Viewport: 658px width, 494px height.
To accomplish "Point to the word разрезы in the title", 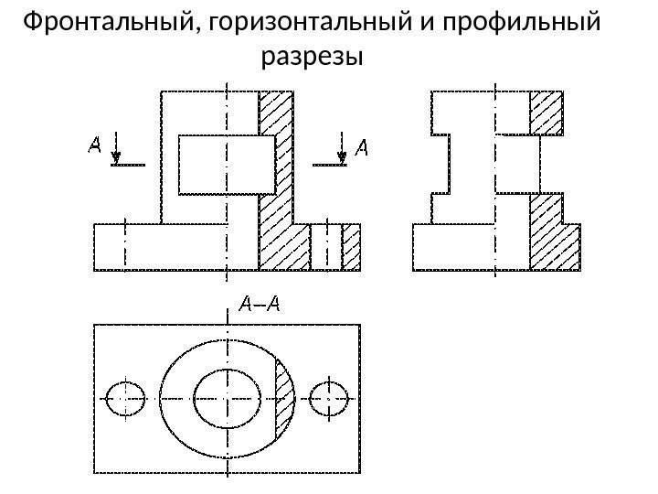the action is pos(313,59).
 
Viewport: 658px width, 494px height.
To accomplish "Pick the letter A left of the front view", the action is pos(94,145).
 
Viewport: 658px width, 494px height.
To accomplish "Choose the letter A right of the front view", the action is pos(361,145).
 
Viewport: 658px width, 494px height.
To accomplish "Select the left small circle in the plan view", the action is pos(125,398).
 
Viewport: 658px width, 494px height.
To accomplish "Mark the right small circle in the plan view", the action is pos(328,398).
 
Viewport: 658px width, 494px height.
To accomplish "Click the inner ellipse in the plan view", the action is pos(227,398).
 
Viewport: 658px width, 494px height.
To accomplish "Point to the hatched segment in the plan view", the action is pos(283,398).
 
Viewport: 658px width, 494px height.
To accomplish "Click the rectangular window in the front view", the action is pos(227,164).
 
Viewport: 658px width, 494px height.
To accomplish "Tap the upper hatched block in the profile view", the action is pos(547,113).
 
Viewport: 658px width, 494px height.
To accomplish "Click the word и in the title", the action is pos(430,21).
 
